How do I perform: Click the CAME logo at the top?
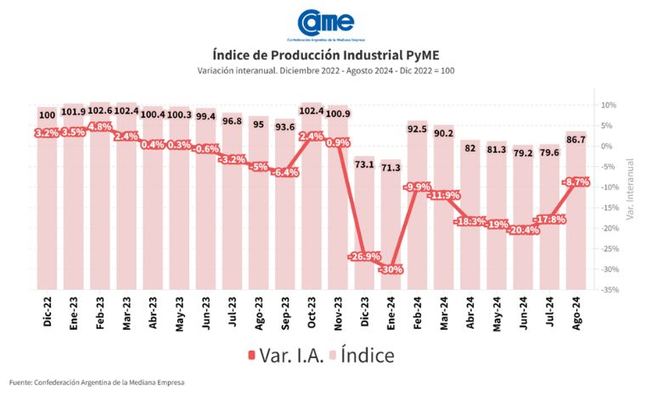(326, 23)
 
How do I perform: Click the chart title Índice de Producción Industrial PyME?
(325, 55)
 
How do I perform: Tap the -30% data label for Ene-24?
(392, 270)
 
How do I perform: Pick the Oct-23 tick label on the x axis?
(311, 313)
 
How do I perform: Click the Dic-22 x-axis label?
(48, 312)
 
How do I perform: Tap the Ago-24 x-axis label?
(576, 312)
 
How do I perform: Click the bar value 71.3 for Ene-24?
(391, 168)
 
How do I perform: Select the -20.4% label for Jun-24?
(522, 230)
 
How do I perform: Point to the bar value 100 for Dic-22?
(47, 114)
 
